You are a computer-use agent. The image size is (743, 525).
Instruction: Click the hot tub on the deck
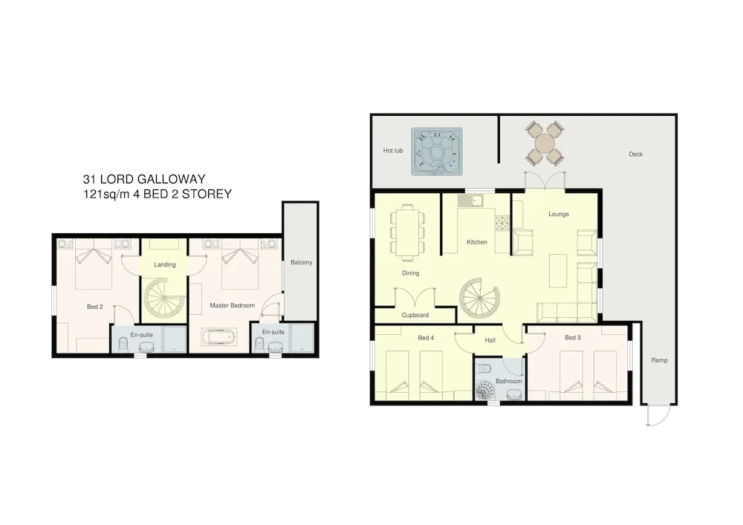pos(436,151)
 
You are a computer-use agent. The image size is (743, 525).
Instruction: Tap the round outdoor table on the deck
pos(545,143)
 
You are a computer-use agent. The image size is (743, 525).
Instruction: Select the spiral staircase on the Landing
pos(164,299)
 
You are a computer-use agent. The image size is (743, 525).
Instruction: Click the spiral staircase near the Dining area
pos(479,299)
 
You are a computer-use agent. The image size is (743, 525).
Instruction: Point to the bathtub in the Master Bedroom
pos(218,338)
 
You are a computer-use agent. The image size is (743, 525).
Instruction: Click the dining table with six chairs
pos(407,232)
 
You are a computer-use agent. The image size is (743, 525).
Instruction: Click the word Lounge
pos(559,214)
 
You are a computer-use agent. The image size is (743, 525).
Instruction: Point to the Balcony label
pos(302,262)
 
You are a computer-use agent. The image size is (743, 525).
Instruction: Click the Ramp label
pos(659,360)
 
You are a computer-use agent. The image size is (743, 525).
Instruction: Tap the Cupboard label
pos(415,315)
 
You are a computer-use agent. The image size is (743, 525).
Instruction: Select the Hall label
pos(490,340)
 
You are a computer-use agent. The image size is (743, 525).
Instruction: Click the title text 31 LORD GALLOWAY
pos(144,179)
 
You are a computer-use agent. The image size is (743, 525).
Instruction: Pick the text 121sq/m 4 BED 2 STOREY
pos(158,194)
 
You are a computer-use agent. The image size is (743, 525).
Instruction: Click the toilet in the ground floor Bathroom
pos(484,368)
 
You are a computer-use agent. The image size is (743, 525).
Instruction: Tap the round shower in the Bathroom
pos(484,391)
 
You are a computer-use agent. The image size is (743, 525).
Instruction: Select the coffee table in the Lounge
pos(558,271)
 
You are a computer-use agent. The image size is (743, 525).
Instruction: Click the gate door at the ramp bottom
pos(658,415)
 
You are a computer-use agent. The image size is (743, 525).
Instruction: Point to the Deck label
pos(636,154)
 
